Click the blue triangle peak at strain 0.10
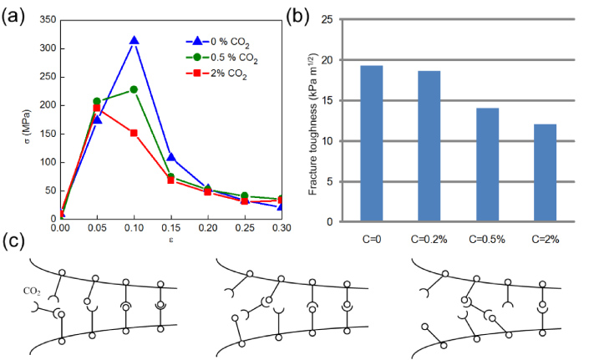click(134, 41)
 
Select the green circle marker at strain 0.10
click(134, 89)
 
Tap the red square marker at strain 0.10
click(134, 133)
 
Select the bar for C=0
click(371, 144)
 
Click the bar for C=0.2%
click(429, 146)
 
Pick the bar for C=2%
click(545, 173)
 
